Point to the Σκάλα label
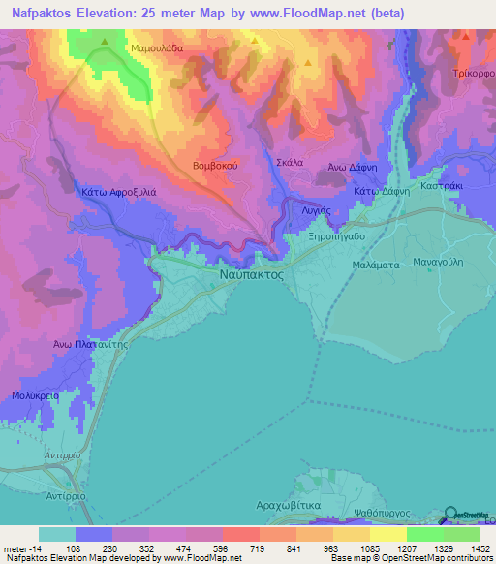pyautogui.click(x=291, y=163)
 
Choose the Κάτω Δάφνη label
pyautogui.click(x=382, y=192)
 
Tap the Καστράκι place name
pyautogui.click(x=444, y=184)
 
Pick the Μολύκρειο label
pyautogui.click(x=37, y=396)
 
